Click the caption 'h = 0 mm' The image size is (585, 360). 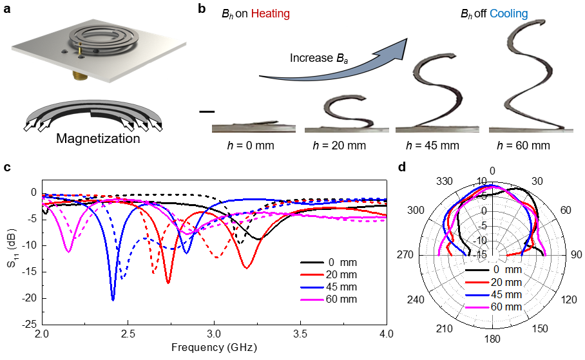[247, 145]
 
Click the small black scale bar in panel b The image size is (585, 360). [206, 112]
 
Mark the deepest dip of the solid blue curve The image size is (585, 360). [113, 299]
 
